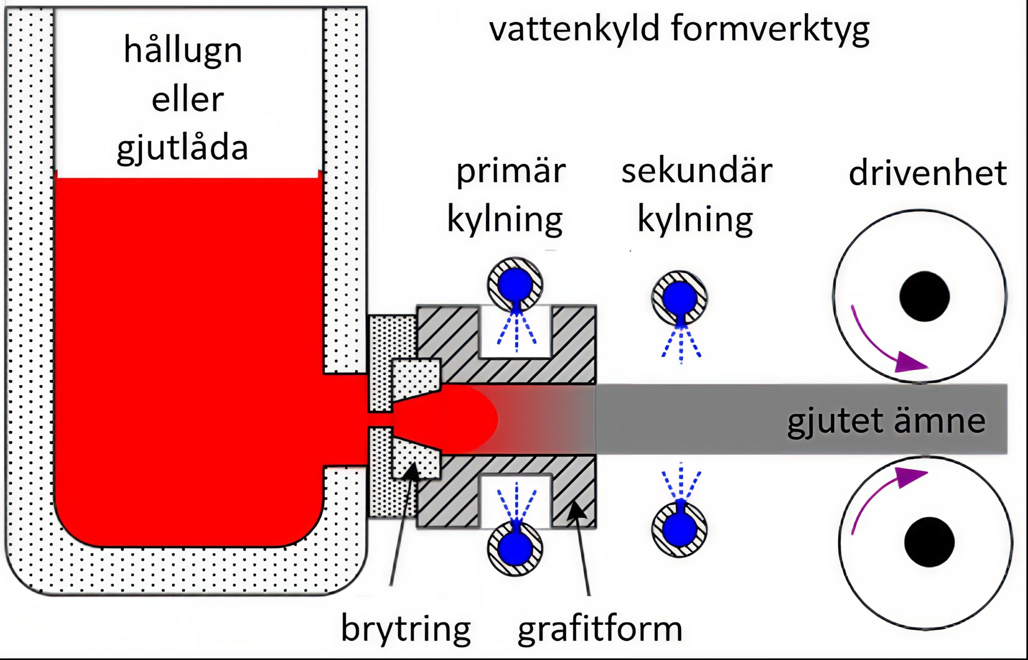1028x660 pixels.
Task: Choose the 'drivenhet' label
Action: [928, 173]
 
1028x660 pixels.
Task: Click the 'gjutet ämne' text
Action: [887, 421]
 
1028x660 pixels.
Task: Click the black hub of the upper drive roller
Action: [924, 296]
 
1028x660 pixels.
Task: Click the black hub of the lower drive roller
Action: [929, 542]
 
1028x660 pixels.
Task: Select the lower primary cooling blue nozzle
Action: [515, 547]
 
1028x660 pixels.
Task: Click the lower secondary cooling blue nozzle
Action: [679, 530]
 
